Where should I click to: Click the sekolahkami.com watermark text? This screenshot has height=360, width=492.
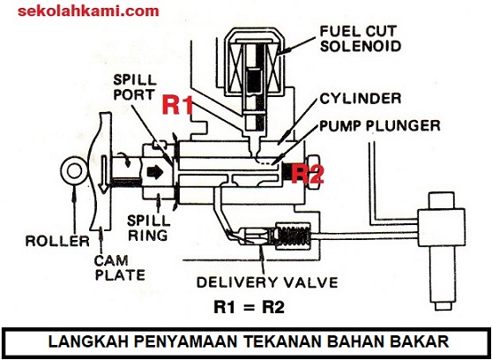point(88,11)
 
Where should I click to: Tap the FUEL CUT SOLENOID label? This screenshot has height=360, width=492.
point(361,39)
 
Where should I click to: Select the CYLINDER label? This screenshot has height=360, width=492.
point(361,99)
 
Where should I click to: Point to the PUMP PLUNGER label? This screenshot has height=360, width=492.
point(380,125)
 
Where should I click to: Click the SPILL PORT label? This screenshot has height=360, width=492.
point(135,87)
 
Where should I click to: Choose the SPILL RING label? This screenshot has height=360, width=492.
point(148,228)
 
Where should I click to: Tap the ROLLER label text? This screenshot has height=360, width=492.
point(57,241)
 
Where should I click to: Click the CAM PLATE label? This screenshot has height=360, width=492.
point(120,267)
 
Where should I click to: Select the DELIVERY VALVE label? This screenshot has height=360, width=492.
point(267,282)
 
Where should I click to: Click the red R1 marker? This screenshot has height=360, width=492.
point(177,105)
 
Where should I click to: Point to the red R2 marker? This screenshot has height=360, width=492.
point(308,175)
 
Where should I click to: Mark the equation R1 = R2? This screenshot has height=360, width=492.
point(250,307)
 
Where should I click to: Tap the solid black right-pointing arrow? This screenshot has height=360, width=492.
point(155,172)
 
